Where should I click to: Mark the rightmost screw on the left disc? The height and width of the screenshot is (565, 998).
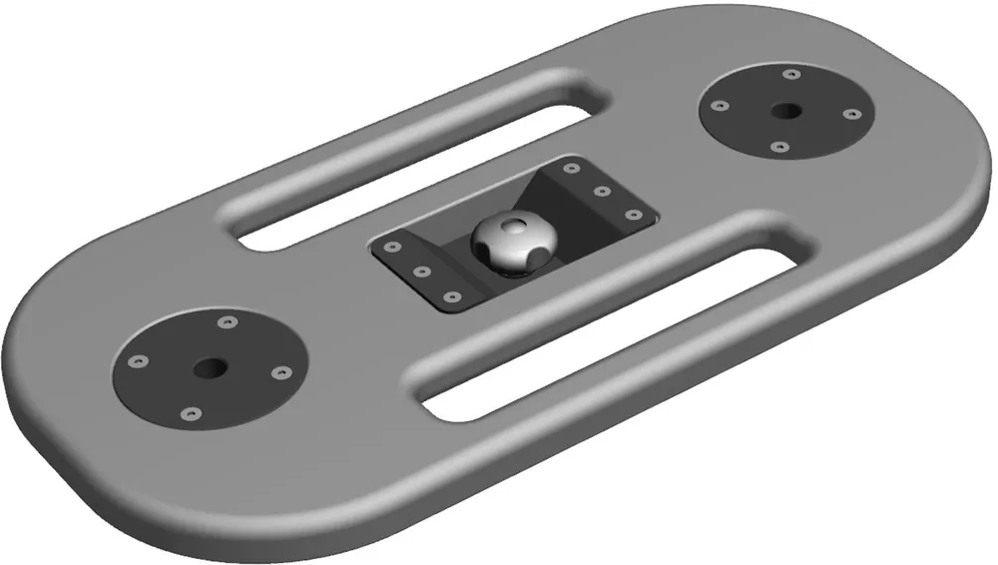tap(279, 372)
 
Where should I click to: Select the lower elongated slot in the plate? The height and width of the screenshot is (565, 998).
tap(619, 334)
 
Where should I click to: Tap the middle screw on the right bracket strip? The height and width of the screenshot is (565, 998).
tap(601, 191)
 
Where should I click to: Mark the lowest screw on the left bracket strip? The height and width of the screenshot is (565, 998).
tap(451, 296)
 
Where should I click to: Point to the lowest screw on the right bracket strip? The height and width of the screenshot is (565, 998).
tap(632, 213)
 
